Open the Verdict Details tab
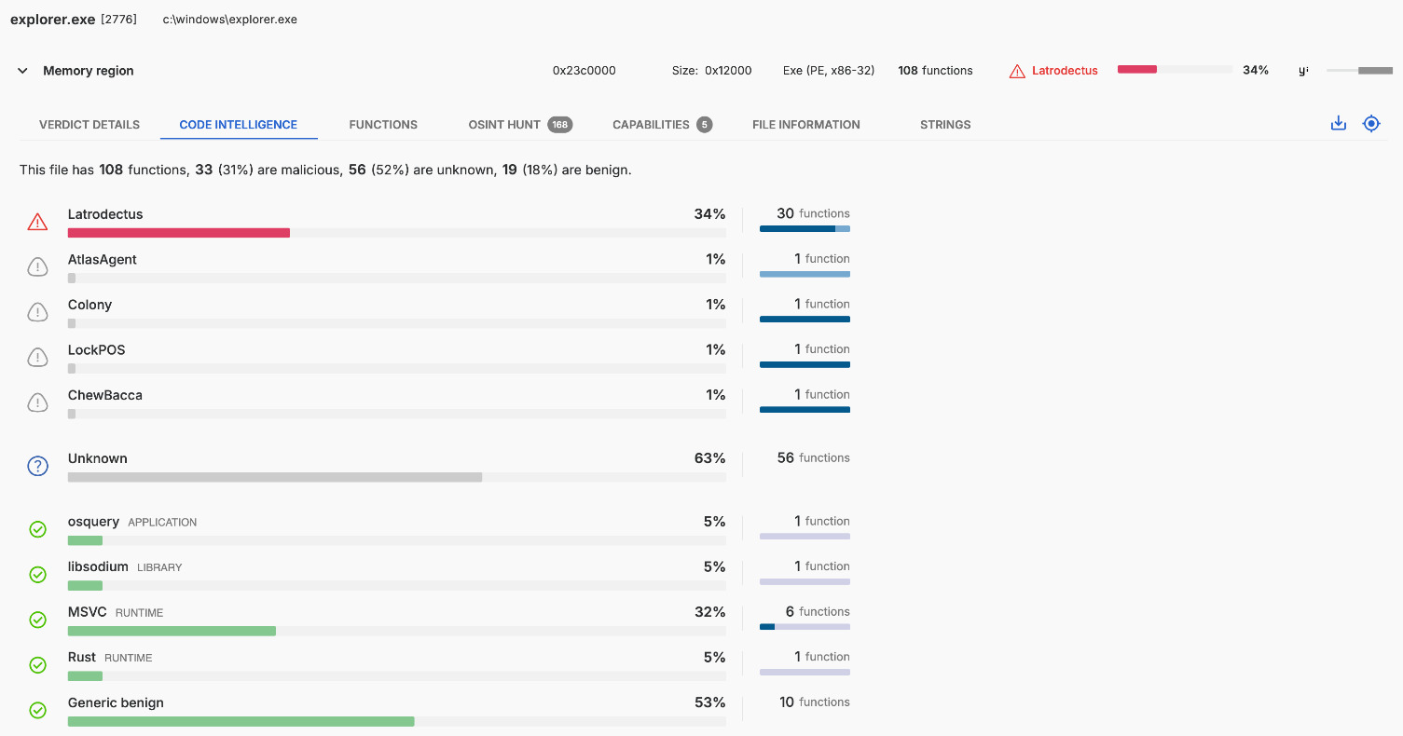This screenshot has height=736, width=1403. [89, 125]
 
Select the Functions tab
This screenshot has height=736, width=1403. [383, 125]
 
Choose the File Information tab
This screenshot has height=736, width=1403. [805, 125]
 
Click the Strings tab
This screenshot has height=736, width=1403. [945, 125]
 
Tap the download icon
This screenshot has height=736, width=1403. [1339, 123]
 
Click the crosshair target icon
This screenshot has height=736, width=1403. [1371, 123]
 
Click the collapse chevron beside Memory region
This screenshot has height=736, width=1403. [22, 71]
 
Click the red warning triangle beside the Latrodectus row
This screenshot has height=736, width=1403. [37, 222]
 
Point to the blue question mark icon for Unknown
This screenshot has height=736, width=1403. [37, 466]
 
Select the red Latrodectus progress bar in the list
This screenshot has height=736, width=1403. [179, 232]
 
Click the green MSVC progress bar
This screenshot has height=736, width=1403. [172, 631]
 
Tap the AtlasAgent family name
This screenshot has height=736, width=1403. [103, 260]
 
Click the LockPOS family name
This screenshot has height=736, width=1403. [96, 350]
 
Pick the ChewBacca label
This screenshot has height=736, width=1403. [105, 395]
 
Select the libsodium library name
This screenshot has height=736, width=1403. [98, 566]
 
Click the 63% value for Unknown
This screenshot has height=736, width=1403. [709, 458]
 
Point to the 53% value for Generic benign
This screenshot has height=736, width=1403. [709, 702]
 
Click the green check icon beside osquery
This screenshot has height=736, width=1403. [37, 529]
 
